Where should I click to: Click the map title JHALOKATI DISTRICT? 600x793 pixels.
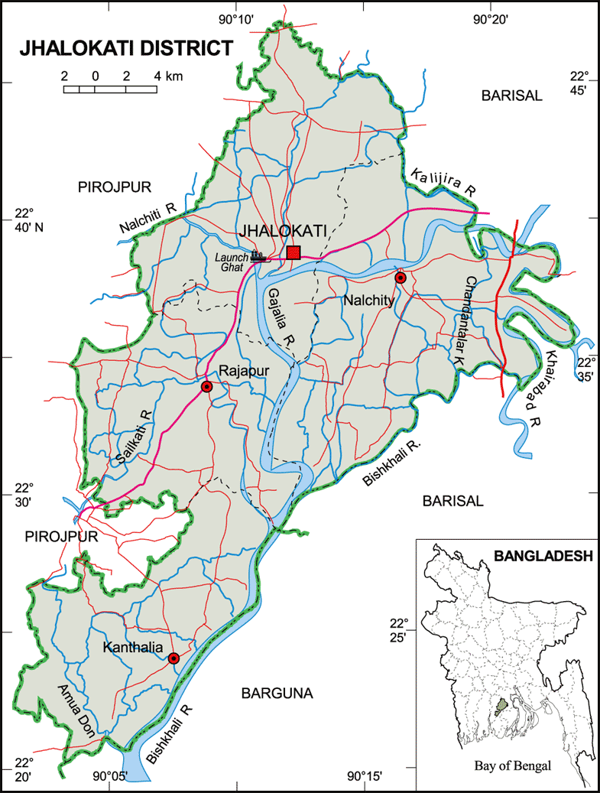point(125,48)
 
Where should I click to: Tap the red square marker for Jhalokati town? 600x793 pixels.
point(294,252)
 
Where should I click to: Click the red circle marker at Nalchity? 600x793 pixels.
point(400,278)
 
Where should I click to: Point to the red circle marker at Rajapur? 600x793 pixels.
point(206,387)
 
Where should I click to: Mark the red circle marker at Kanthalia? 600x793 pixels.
point(174,658)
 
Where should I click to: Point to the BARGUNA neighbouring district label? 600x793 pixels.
point(277,694)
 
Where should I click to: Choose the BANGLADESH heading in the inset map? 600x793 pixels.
point(543,556)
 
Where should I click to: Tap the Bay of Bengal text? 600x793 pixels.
point(511,765)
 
